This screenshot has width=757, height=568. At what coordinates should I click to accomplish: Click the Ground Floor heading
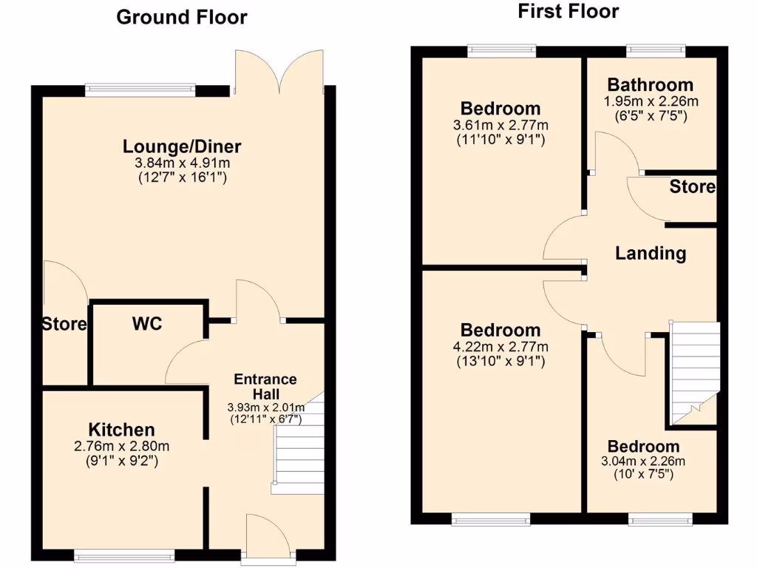[182, 17]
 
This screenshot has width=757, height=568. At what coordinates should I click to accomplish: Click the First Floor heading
[568, 11]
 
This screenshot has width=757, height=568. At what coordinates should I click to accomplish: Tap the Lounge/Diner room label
[182, 146]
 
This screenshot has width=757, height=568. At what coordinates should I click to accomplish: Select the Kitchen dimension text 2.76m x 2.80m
[122, 446]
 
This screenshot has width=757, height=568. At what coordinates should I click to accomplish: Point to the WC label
[147, 324]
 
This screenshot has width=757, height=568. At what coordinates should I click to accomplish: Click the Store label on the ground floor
[64, 324]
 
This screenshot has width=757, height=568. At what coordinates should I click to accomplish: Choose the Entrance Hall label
[265, 386]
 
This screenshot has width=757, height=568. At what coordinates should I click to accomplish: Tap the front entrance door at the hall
[268, 538]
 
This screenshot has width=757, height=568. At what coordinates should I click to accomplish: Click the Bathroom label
[651, 85]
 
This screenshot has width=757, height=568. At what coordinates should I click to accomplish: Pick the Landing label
[651, 254]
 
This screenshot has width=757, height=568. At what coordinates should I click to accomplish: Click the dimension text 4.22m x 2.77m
[501, 347]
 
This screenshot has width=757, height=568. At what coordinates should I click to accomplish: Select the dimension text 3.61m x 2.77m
[501, 125]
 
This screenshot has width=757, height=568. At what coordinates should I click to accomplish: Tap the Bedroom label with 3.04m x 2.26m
[643, 447]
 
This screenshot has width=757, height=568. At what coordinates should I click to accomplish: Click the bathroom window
[656, 51]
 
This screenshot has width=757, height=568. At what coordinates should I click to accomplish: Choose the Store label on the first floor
[693, 187]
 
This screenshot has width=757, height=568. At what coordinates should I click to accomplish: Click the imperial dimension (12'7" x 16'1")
[182, 177]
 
